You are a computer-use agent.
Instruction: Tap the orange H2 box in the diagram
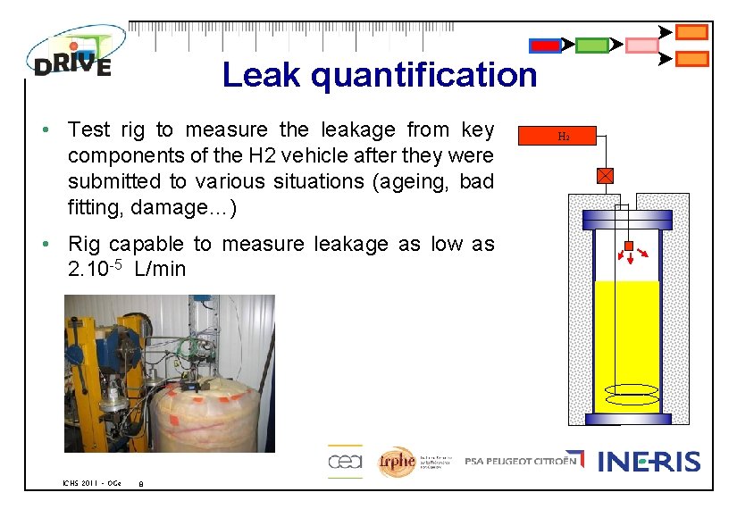(x=563, y=137)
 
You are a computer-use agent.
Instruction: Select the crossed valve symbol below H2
(x=605, y=175)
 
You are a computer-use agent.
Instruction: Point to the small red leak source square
(x=628, y=246)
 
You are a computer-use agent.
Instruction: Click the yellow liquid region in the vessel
(x=627, y=339)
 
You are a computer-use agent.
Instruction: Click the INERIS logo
(x=649, y=462)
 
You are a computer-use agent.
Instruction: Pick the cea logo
(x=344, y=461)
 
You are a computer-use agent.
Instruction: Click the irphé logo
(x=397, y=461)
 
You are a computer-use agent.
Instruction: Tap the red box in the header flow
(x=545, y=46)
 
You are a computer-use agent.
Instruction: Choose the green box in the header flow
(x=591, y=46)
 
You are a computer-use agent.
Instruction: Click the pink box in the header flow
(x=641, y=46)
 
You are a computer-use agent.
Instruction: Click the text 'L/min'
(x=160, y=269)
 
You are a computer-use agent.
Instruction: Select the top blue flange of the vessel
(x=627, y=219)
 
